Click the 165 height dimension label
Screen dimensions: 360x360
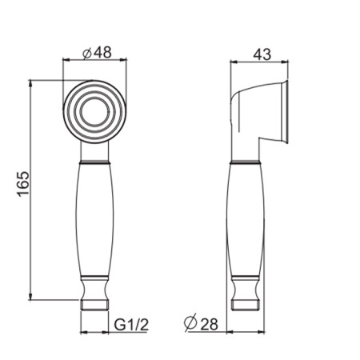[23, 184]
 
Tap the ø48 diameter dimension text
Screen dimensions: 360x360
[97, 53]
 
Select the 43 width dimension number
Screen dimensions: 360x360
[262, 54]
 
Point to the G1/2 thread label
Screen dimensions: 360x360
[131, 325]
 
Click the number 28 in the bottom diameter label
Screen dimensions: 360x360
[209, 324]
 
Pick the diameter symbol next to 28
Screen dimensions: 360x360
[190, 322]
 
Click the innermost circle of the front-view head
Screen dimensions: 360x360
[94, 112]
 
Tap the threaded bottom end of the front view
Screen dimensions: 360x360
[94, 305]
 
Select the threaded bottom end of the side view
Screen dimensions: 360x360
[246, 305]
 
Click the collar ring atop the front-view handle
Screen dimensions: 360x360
[94, 162]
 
